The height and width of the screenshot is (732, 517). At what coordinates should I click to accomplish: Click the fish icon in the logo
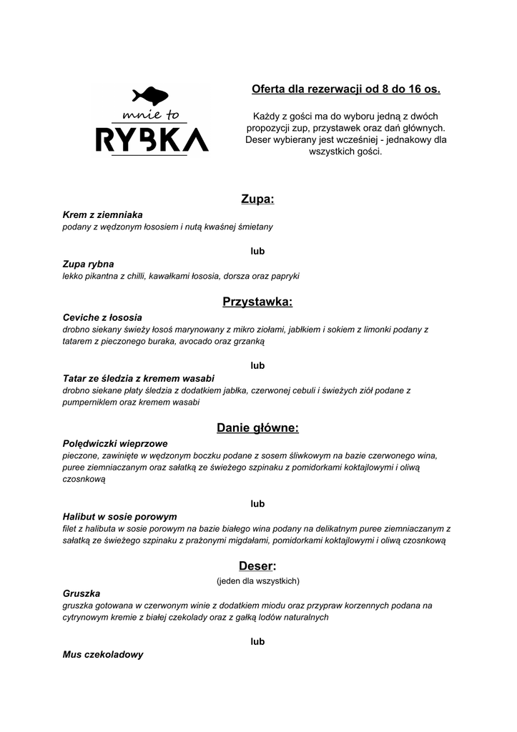(150, 96)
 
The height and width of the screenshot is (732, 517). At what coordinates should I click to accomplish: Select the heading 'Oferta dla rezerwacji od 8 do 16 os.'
(346, 89)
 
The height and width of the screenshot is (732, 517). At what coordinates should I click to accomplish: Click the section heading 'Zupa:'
(257, 199)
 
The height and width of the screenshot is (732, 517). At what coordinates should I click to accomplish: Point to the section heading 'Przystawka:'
(257, 302)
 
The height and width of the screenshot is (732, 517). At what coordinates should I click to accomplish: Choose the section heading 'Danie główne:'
(257, 428)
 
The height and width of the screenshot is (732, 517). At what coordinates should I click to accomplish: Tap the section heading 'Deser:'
(257, 566)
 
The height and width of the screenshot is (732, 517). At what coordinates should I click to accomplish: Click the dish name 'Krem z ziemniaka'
(103, 214)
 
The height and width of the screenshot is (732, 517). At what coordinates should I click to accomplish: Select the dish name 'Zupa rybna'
(88, 264)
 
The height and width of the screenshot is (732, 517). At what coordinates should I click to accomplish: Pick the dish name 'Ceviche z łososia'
(102, 317)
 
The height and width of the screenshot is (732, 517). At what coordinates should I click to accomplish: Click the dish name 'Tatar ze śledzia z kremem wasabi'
(139, 378)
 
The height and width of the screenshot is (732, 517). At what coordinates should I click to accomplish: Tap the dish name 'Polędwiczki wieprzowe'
(115, 443)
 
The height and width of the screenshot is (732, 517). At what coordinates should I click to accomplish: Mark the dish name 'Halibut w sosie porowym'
(119, 516)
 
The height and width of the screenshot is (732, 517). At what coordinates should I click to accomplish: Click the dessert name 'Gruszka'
(82, 593)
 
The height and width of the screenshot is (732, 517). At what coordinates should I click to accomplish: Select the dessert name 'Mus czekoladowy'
(103, 654)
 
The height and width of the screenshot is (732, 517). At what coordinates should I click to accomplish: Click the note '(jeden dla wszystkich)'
(257, 580)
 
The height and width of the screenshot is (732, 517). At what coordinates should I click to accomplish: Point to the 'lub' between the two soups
(257, 251)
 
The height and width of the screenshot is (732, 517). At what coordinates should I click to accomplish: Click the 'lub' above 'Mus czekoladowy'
(257, 641)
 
